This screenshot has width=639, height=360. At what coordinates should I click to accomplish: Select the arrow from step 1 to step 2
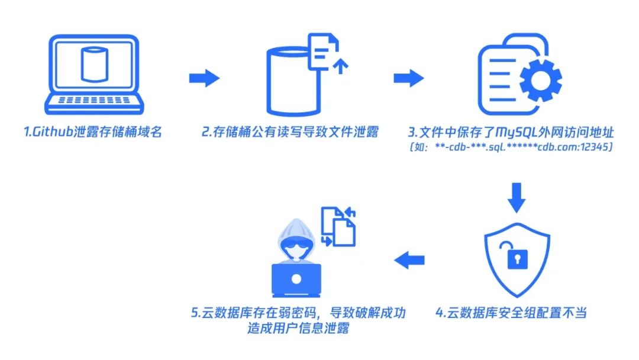point(204,78)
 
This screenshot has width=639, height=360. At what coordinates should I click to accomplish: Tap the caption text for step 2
point(290,132)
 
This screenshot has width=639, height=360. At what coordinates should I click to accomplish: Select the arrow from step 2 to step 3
point(409,78)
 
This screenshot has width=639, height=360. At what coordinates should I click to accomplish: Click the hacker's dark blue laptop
point(296,280)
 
